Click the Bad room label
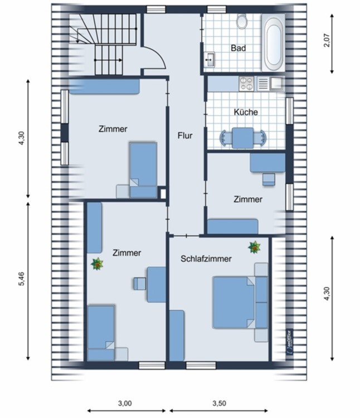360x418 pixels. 239,48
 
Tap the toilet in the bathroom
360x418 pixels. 242,22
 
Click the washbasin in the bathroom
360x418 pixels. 211,59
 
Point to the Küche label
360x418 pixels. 246,112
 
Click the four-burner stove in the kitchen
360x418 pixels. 246,84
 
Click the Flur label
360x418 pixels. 185,135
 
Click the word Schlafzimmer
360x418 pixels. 206,259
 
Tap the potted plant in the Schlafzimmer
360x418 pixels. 255,246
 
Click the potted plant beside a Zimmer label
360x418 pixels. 99,263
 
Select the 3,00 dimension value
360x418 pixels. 125,403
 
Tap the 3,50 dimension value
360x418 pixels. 219,403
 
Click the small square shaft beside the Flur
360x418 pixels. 163,193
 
